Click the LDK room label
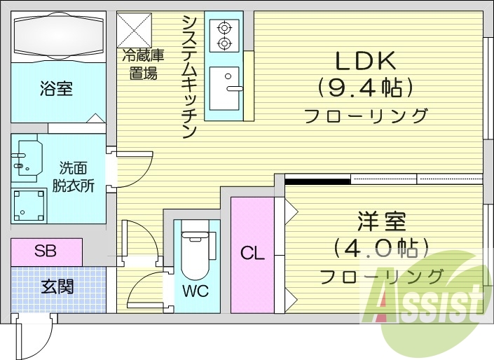(364, 62)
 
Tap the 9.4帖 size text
(364, 88)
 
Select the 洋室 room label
(381, 222)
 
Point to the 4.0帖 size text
(380, 248)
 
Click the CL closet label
(252, 254)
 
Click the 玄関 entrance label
(57, 286)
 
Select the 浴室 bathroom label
(55, 90)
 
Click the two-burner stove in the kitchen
(224, 35)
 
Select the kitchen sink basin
(224, 88)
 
